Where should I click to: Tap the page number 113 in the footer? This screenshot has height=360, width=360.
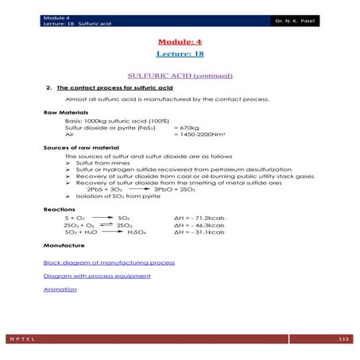[x=343, y=339]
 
